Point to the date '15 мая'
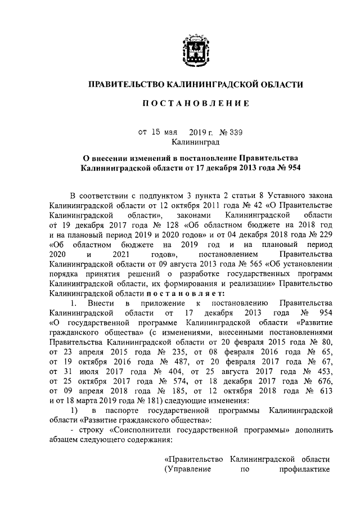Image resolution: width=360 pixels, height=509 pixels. [x=161, y=133]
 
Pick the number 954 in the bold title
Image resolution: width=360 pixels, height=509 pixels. [x=291, y=168]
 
